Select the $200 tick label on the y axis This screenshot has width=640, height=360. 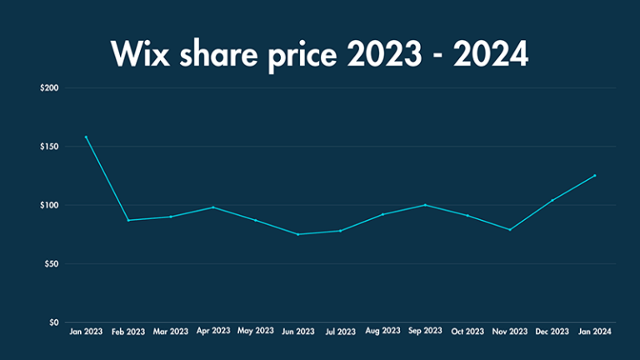(47, 87)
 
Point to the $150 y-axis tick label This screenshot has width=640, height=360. (47, 147)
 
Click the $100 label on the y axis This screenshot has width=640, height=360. (47, 205)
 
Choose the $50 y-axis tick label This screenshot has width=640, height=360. (49, 264)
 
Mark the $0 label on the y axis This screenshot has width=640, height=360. (52, 322)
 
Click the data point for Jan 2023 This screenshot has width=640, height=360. (86, 137)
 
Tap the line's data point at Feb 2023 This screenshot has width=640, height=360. (128, 220)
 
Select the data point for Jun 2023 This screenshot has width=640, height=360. (298, 234)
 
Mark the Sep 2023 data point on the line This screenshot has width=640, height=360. (426, 205)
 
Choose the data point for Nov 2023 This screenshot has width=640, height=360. (511, 229)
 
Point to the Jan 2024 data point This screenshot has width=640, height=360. (596, 175)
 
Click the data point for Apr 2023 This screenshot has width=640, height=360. (213, 207)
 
